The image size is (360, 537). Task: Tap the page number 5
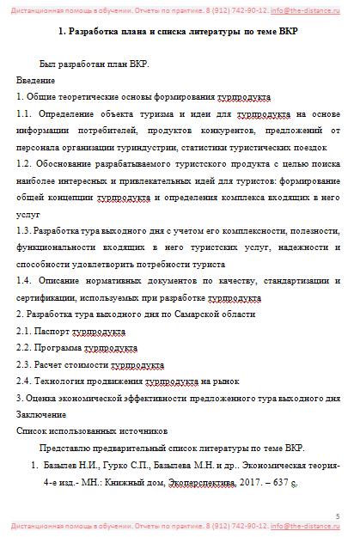338,516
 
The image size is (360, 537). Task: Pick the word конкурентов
223,131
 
